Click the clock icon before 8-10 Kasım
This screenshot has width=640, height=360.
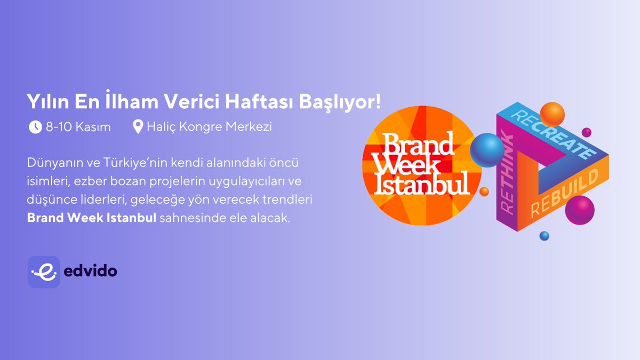[35, 127]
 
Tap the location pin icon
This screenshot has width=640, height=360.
[138, 127]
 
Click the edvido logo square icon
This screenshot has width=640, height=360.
[44, 272]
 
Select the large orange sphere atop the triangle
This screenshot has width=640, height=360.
[551, 114]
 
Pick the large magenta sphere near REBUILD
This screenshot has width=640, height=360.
[579, 210]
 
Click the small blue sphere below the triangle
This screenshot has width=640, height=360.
[544, 235]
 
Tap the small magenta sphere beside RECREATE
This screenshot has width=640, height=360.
[587, 132]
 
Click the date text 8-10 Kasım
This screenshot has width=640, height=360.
[78, 127]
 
